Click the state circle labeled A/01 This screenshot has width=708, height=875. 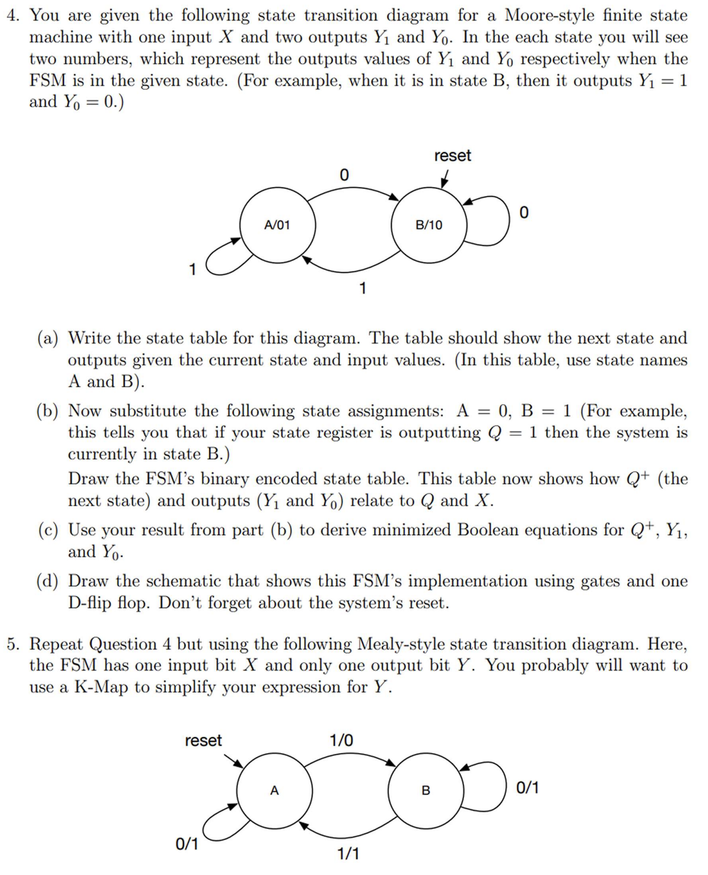tap(278, 225)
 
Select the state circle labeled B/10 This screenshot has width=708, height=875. tap(429, 225)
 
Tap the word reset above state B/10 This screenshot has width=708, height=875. tap(452, 155)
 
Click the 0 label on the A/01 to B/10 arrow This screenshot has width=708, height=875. tap(344, 175)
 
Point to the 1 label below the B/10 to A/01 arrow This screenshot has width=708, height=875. tap(362, 289)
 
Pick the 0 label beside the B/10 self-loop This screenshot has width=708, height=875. tap(524, 212)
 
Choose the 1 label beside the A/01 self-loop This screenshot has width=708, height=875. tap(192, 269)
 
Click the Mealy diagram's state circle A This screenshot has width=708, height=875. tap(275, 790)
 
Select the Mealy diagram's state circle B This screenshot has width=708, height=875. tap(426, 790)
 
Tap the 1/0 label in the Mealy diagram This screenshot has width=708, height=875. tap(341, 740)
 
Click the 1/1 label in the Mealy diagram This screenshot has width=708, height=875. tap(348, 854)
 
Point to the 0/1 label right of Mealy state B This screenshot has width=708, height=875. tap(528, 788)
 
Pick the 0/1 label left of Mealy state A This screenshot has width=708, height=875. tap(187, 844)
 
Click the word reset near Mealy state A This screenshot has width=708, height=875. tap(203, 740)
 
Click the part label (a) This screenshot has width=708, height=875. tap(48, 338)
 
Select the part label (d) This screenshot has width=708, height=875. tap(48, 581)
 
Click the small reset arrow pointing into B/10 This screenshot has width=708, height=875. tap(445, 179)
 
